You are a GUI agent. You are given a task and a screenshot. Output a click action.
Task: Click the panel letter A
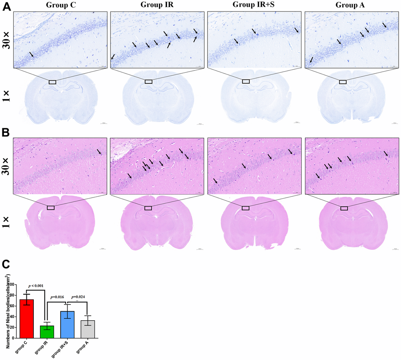(7, 7)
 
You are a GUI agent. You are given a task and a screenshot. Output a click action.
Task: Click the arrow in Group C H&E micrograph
(99, 151)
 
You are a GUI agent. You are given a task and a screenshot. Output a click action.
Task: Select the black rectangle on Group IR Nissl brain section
(148, 81)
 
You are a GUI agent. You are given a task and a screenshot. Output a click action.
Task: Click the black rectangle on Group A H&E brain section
(344, 208)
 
